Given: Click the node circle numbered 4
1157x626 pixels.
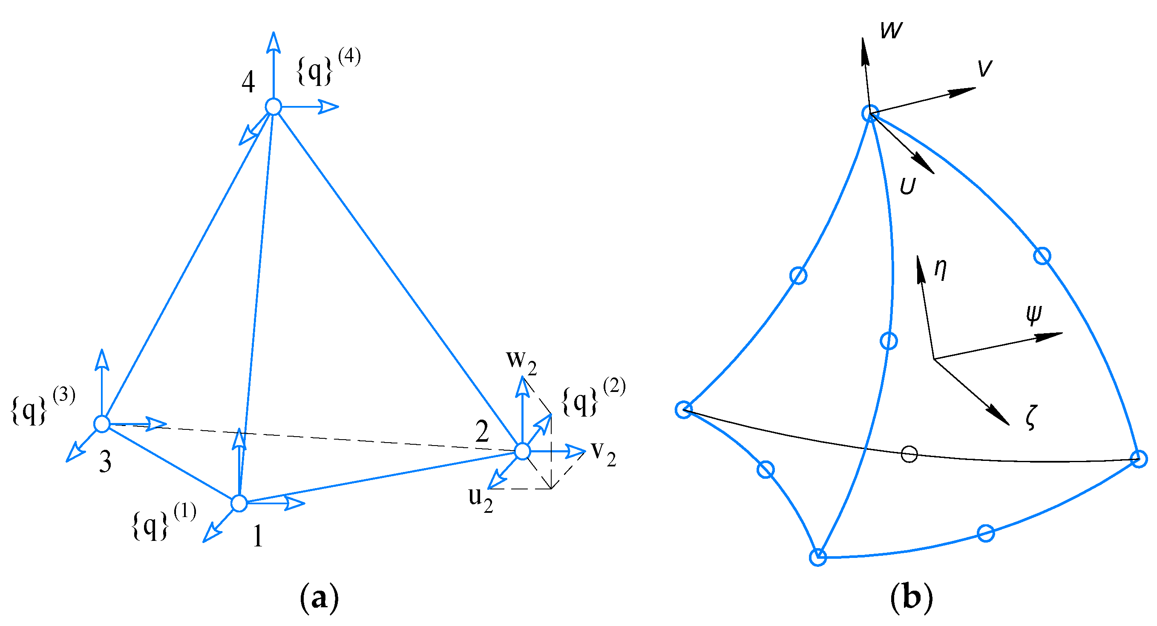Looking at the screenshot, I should (x=273, y=107).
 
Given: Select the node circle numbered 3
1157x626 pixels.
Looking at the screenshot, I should (x=102, y=423).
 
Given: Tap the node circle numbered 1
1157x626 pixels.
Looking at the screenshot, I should (x=239, y=503).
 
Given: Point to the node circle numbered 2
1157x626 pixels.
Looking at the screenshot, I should (x=522, y=451).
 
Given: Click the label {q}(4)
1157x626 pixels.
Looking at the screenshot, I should (x=328, y=67).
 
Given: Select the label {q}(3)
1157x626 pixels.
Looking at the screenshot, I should (x=43, y=406).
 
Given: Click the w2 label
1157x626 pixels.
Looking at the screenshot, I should (x=521, y=361).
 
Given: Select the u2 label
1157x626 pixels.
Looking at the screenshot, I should (x=480, y=498).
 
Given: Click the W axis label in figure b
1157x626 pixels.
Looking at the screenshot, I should (x=891, y=31).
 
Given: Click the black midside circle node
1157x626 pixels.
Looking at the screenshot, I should (x=909, y=454).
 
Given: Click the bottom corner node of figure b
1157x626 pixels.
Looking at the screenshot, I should (x=818, y=557).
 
